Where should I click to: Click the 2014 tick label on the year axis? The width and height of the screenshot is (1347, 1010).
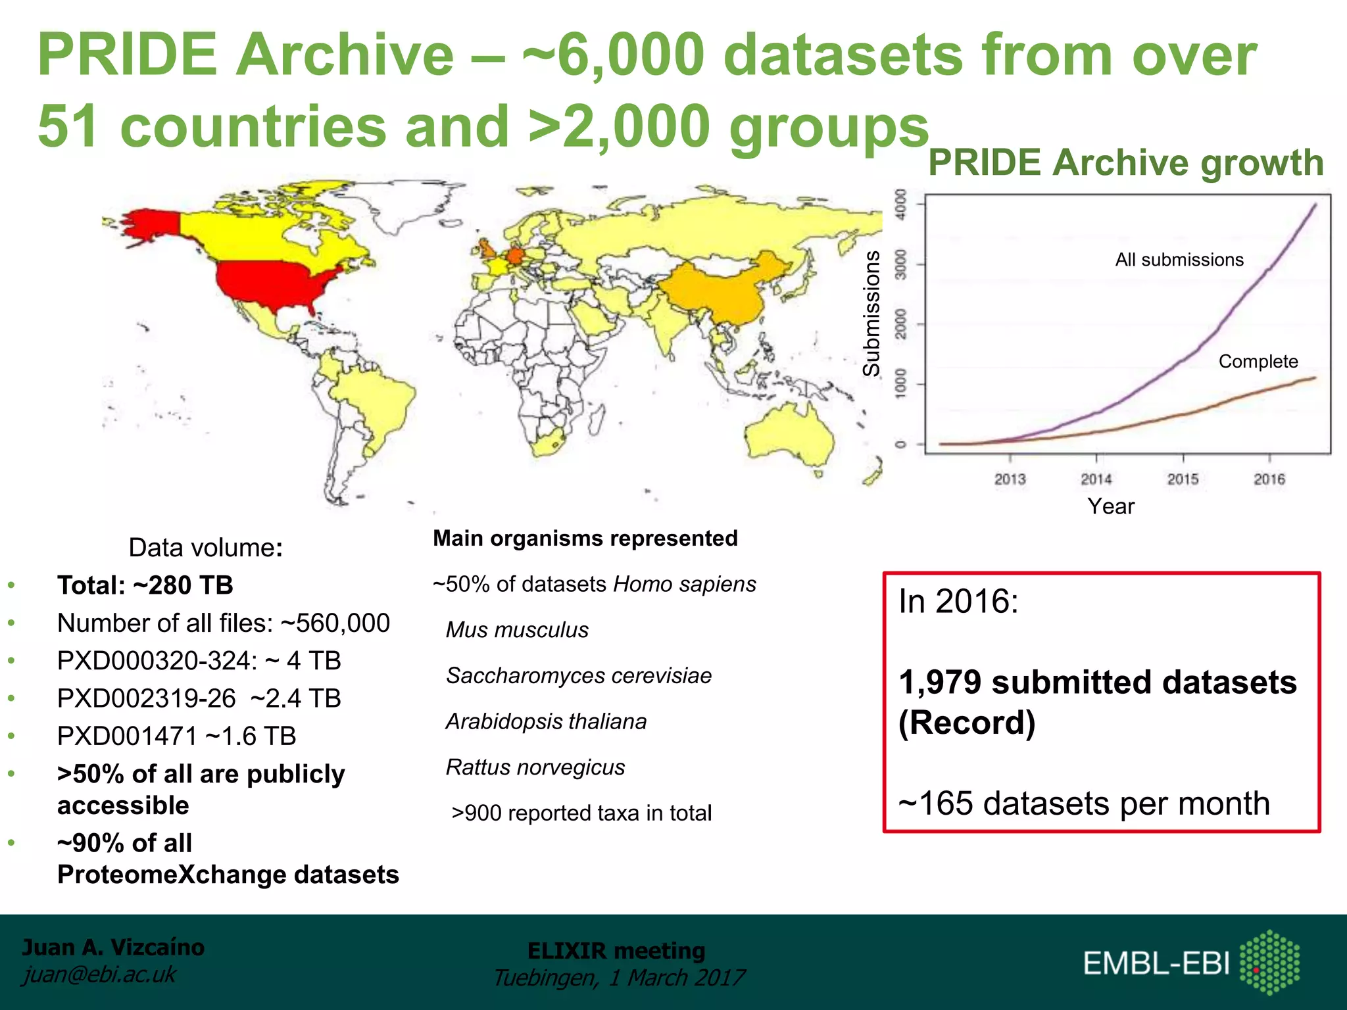click(x=1096, y=479)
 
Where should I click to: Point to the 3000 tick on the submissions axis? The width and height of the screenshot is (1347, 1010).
click(x=900, y=264)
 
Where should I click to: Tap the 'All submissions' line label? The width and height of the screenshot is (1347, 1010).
click(x=1179, y=260)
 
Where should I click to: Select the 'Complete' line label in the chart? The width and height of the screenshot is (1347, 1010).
click(x=1258, y=362)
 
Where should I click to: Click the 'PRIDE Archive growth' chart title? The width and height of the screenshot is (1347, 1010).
click(x=1125, y=162)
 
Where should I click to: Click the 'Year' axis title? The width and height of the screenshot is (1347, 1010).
click(x=1111, y=506)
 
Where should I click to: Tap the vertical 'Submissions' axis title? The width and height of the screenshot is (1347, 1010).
click(x=872, y=314)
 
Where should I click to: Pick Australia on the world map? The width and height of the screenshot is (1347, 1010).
click(x=789, y=434)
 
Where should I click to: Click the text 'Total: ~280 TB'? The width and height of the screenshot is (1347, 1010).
click(x=145, y=585)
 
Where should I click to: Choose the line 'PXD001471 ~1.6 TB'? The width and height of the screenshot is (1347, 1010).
click(x=176, y=736)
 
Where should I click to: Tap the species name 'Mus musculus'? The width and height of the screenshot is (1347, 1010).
click(x=517, y=630)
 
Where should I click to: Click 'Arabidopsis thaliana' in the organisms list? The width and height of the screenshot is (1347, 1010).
click(x=546, y=722)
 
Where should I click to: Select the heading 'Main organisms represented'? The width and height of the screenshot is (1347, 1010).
click(x=585, y=539)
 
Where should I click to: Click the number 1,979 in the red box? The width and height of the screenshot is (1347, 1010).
click(x=941, y=682)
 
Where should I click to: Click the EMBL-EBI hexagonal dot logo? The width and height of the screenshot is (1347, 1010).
click(x=1269, y=961)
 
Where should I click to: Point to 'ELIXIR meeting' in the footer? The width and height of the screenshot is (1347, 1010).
click(x=616, y=951)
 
